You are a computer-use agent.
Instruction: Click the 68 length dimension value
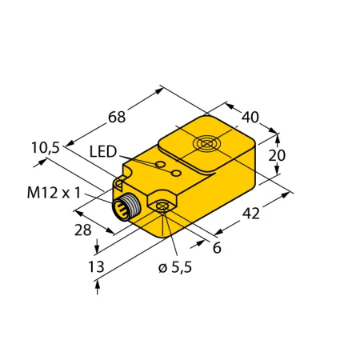pos(117,117)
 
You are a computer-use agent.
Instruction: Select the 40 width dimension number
pos(250,117)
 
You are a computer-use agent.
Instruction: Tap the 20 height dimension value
pos(277,155)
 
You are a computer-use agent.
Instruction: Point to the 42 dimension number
pos(251,214)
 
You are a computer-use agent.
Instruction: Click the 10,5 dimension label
pos(46,148)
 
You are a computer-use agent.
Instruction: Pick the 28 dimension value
pos(82,230)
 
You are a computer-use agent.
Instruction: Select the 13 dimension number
pos(96,266)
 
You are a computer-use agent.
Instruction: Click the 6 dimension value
pos(217,248)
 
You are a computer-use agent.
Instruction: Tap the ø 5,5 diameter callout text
pos(175,267)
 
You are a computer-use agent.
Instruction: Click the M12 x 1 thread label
pos(54,193)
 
